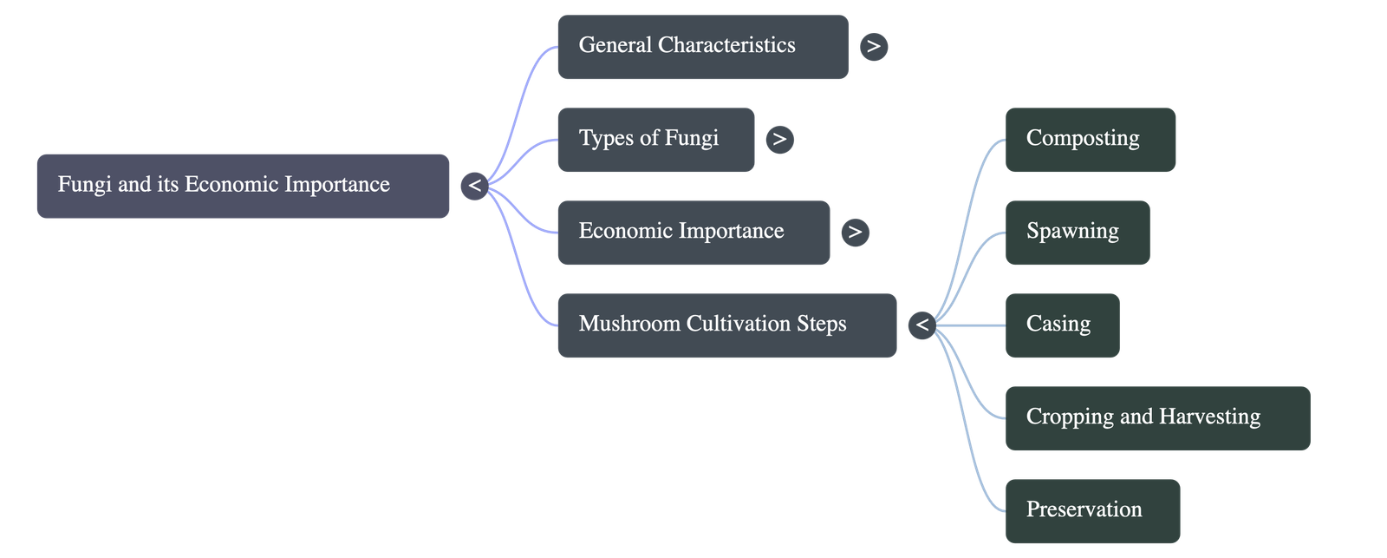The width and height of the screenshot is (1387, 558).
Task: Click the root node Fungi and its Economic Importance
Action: pos(243,186)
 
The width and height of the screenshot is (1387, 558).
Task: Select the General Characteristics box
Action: pos(702,46)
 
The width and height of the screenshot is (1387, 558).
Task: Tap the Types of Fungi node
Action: pos(655,139)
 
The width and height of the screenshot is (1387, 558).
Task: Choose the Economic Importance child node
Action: pos(693,232)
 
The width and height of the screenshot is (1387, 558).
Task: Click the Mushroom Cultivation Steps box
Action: pos(726,325)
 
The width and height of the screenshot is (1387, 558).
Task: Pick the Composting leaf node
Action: pos(1090,139)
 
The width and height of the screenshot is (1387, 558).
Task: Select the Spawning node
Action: pos(1077,232)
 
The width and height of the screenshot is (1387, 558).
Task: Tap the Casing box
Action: pos(1061,325)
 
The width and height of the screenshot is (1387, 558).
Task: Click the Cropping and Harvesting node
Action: pos(1156,417)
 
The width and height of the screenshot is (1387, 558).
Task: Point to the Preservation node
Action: pos(1092,510)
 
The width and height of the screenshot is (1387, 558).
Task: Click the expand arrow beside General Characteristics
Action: pos(873,46)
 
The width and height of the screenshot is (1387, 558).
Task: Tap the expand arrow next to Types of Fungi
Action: pos(779,139)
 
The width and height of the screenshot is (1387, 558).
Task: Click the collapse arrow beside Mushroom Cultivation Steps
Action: pos(921,325)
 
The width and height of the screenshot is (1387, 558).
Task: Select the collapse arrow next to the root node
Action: pos(474,186)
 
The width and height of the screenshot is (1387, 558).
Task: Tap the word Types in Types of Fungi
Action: pos(605,139)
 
